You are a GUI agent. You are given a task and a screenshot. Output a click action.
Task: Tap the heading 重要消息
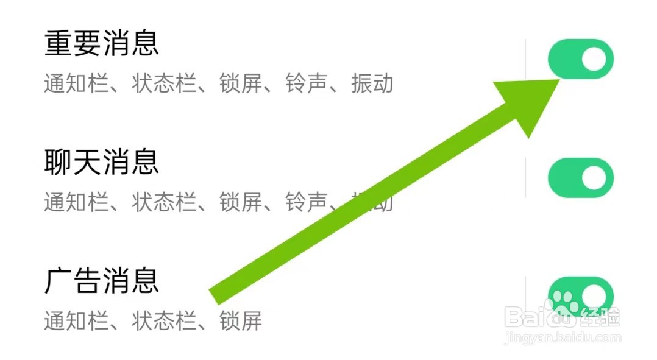(x=101, y=44)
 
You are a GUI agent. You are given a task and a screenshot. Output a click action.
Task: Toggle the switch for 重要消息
(x=580, y=59)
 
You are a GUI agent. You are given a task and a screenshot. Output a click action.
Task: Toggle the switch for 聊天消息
(x=580, y=178)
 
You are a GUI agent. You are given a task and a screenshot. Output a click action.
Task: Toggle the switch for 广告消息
(x=580, y=296)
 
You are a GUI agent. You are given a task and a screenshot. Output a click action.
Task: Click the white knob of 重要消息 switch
(x=594, y=59)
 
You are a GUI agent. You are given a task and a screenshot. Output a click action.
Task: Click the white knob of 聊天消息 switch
(x=594, y=178)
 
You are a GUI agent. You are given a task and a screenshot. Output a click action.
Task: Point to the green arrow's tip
(x=558, y=81)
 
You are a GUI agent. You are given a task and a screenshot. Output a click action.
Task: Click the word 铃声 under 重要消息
(x=306, y=84)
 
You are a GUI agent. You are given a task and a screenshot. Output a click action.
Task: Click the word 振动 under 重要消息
(x=372, y=84)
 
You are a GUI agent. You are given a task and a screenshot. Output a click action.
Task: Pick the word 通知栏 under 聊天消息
(x=65, y=202)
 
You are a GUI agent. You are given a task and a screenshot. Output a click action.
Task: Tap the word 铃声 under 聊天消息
(x=306, y=202)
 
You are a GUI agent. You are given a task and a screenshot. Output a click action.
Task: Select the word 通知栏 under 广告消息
(x=65, y=320)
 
